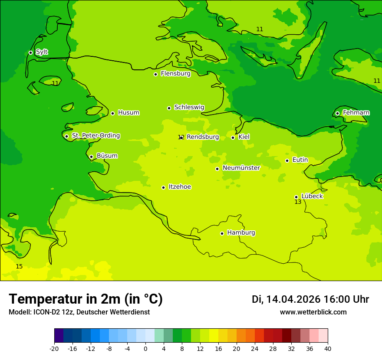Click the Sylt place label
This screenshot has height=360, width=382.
coord(42,52)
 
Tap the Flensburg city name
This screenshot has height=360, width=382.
coord(175,74)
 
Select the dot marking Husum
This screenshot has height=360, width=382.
coord(112,113)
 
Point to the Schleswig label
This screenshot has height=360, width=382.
coord(189,107)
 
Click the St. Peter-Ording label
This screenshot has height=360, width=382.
coord(95,135)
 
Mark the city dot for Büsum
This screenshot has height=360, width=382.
coord(91,157)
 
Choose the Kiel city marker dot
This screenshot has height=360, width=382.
coord(233,137)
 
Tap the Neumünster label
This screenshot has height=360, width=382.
coord(241,168)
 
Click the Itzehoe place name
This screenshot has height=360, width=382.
coord(180,187)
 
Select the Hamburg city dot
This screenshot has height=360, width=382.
coord(222,233)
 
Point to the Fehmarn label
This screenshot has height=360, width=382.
coord(356,113)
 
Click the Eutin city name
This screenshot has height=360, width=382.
coord(300,160)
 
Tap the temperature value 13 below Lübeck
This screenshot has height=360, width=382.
coord(298,202)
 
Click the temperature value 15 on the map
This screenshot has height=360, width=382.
coord(19,266)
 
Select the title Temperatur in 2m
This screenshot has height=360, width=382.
coord(86,299)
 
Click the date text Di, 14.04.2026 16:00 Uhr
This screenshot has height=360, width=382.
coord(310,299)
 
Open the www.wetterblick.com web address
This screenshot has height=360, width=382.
coord(313,312)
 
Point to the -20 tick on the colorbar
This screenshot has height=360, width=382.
coord(54,348)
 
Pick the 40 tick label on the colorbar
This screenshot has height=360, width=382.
coord(328,348)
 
